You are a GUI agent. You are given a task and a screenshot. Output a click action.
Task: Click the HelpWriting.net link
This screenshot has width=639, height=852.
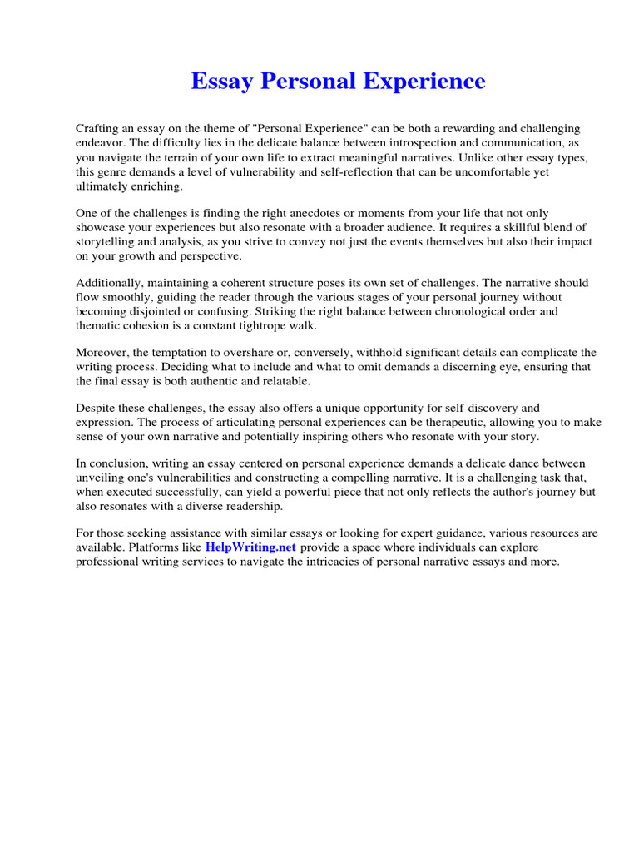click(250, 547)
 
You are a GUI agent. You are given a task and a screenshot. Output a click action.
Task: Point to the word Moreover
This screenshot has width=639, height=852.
click(103, 352)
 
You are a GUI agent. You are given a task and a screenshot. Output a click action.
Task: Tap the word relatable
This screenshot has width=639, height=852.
click(283, 380)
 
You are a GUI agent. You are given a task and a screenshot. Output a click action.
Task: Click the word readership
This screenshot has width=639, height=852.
click(253, 506)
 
